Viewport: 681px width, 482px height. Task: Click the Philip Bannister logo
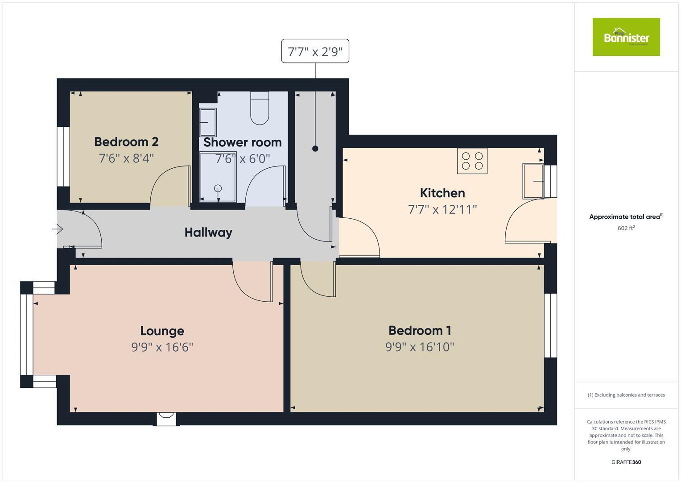tap(626, 37)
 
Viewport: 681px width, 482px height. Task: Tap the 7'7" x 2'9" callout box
tap(315, 51)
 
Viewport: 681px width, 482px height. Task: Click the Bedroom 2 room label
tap(126, 142)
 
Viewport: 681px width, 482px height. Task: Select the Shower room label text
tap(243, 142)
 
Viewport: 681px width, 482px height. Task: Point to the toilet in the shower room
tap(260, 108)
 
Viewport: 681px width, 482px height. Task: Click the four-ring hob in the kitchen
tap(472, 161)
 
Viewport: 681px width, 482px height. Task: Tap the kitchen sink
tap(533, 181)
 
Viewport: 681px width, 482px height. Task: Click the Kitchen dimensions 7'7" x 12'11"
tap(442, 209)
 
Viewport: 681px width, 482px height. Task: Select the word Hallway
tap(208, 233)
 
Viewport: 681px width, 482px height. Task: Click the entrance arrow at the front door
tap(58, 229)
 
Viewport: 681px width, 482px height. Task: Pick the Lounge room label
tap(162, 331)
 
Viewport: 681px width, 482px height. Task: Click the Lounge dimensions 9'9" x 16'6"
tap(162, 347)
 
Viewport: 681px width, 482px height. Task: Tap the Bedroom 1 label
tap(420, 331)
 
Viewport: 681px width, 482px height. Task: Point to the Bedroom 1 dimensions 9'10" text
tap(420, 347)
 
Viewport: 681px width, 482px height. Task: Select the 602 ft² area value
tap(626, 228)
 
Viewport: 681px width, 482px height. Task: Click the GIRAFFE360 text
tap(626, 462)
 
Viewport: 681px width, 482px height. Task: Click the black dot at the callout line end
tap(315, 149)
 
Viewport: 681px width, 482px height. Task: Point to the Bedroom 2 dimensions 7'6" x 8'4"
tap(126, 158)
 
